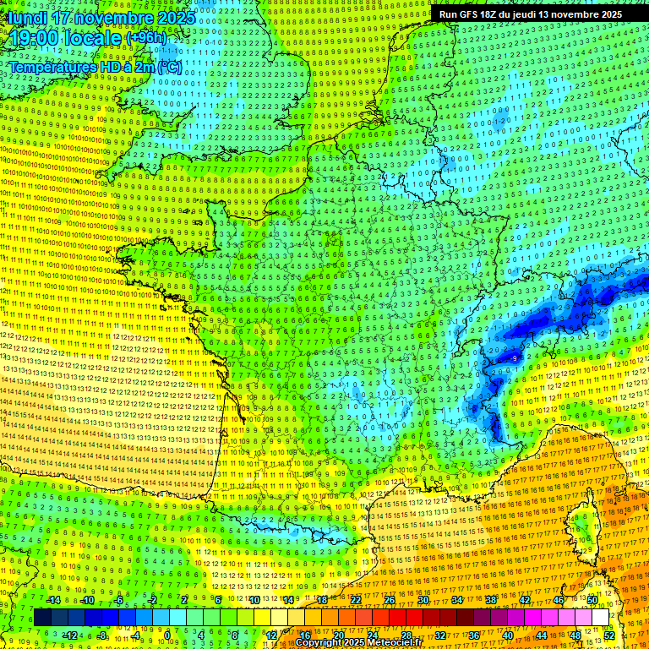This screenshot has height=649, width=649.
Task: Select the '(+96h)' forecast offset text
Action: [146, 39]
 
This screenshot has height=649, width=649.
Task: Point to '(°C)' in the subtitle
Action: [168, 66]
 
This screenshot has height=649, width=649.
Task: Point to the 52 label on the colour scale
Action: [609, 635]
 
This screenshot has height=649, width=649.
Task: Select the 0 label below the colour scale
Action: [166, 635]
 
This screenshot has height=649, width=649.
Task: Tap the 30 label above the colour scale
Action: [423, 600]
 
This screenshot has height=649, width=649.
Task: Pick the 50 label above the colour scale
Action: [592, 600]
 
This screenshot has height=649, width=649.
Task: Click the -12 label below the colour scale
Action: [71, 635]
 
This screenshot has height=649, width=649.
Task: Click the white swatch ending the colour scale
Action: [600, 618]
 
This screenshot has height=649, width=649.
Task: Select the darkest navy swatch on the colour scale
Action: [42, 618]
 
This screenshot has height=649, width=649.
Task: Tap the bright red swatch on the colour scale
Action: [397, 618]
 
